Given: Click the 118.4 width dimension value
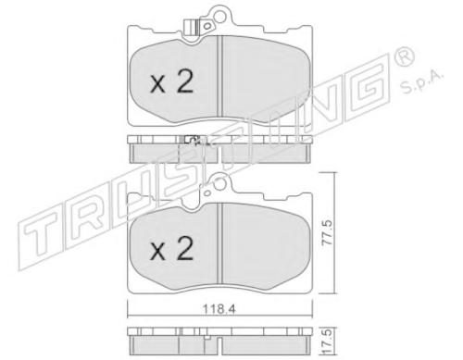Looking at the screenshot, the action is [219, 309].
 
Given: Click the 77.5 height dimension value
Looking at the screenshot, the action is [327, 233].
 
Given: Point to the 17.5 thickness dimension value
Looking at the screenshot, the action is [329, 341].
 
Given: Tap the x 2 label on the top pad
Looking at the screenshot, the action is [171, 81].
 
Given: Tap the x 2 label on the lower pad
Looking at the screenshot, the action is [171, 248].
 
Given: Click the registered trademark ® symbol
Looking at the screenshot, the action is [404, 56].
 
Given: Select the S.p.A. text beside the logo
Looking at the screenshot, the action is [422, 83].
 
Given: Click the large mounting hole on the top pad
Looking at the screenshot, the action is [219, 17].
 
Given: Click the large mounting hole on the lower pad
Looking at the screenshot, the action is [220, 184].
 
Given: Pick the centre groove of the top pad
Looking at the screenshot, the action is [219, 77].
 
